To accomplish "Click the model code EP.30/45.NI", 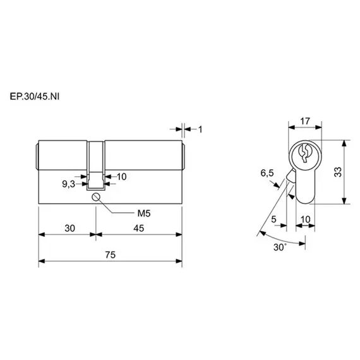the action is [x=35, y=97].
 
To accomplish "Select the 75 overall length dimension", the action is [x=110, y=255].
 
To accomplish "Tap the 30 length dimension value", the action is [x=70, y=228].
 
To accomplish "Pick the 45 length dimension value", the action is [x=139, y=228].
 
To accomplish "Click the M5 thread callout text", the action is [x=144, y=213].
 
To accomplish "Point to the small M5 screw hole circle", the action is [x=95, y=197].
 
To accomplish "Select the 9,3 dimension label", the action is [x=68, y=184].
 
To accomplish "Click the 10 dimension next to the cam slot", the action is [x=122, y=177].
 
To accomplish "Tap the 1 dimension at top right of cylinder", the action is [x=200, y=129].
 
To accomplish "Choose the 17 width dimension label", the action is [x=305, y=121].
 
